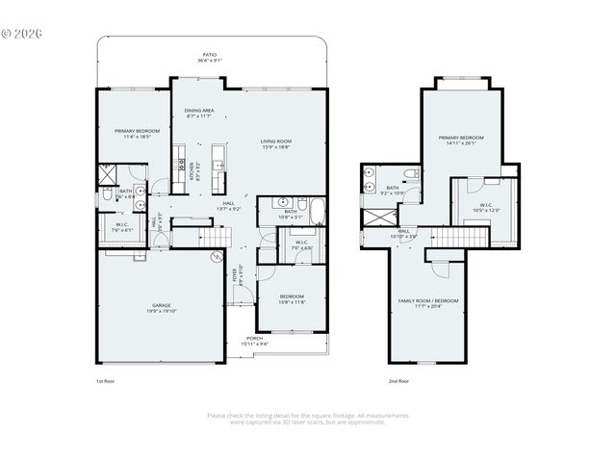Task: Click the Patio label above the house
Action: click(x=209, y=55)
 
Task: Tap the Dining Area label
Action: click(x=199, y=111)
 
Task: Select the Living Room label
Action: click(x=276, y=141)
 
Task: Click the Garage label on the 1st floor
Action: click(x=161, y=305)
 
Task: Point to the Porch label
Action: click(x=255, y=338)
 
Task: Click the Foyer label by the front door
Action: click(x=235, y=275)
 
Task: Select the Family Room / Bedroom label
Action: click(x=428, y=300)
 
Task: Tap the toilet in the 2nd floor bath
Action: click(x=409, y=174)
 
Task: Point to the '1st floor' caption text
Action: click(x=106, y=381)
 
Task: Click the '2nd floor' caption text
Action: click(x=398, y=381)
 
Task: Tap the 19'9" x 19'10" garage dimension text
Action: click(x=161, y=311)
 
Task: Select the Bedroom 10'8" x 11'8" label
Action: click(x=292, y=296)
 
